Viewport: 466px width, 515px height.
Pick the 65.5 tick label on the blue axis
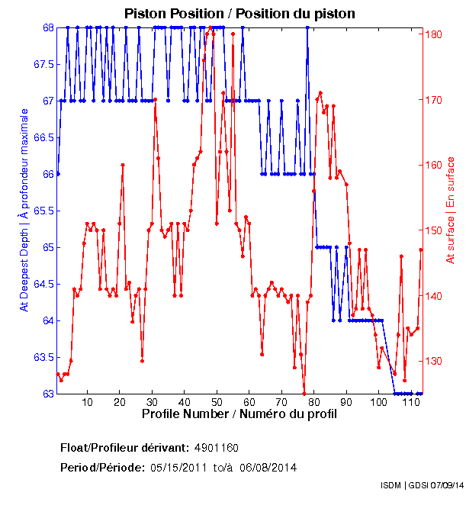(x=40, y=211)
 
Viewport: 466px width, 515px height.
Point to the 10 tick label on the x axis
(x=87, y=403)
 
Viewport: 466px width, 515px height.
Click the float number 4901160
(x=218, y=448)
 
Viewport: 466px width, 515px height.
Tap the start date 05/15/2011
(x=178, y=467)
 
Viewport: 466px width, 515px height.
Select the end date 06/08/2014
(x=268, y=467)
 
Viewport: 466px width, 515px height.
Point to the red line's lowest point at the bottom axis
(x=304, y=393)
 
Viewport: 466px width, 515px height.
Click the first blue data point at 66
(x=58, y=174)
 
